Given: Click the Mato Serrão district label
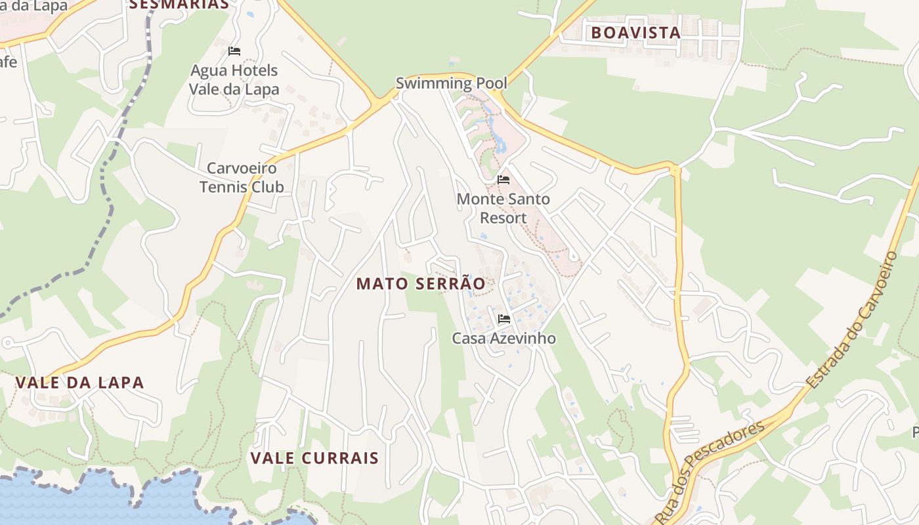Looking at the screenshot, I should pyautogui.click(x=421, y=283).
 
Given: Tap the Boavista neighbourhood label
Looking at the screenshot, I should pyautogui.click(x=635, y=32).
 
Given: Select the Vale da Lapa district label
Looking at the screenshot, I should pyautogui.click(x=79, y=383).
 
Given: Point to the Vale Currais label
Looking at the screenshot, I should pyautogui.click(x=314, y=457).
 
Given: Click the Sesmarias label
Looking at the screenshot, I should pyautogui.click(x=179, y=4).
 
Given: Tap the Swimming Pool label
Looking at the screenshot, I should pyautogui.click(x=451, y=83).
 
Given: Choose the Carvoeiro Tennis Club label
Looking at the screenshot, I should pyautogui.click(x=242, y=178).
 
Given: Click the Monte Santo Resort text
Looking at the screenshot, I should pyautogui.click(x=503, y=208).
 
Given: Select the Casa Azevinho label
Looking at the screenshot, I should pyautogui.click(x=503, y=339).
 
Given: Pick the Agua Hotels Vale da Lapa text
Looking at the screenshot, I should pyautogui.click(x=234, y=79).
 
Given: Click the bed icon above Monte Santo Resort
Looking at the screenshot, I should pyautogui.click(x=503, y=180).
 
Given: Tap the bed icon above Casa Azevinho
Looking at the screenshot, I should pyautogui.click(x=504, y=319).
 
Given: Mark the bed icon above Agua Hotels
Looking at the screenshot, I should pyautogui.click(x=234, y=51).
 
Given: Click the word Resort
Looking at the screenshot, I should pyautogui.click(x=503, y=218).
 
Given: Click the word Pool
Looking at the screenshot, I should pyautogui.click(x=492, y=83).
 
